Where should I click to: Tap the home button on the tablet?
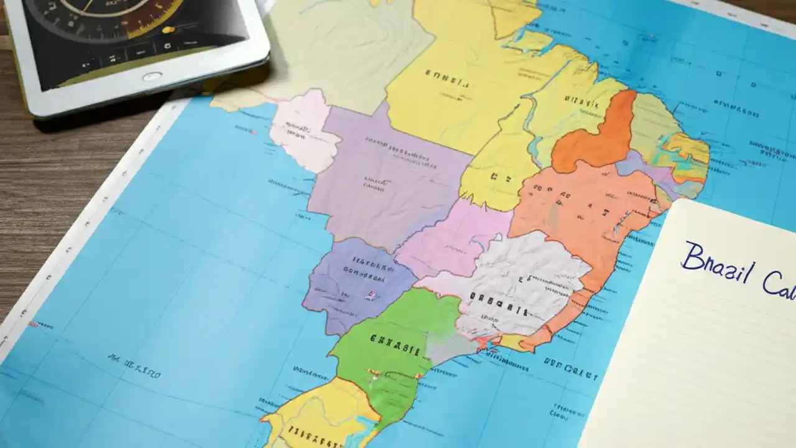coord(151,77)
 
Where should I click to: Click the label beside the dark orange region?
coord(581,103)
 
